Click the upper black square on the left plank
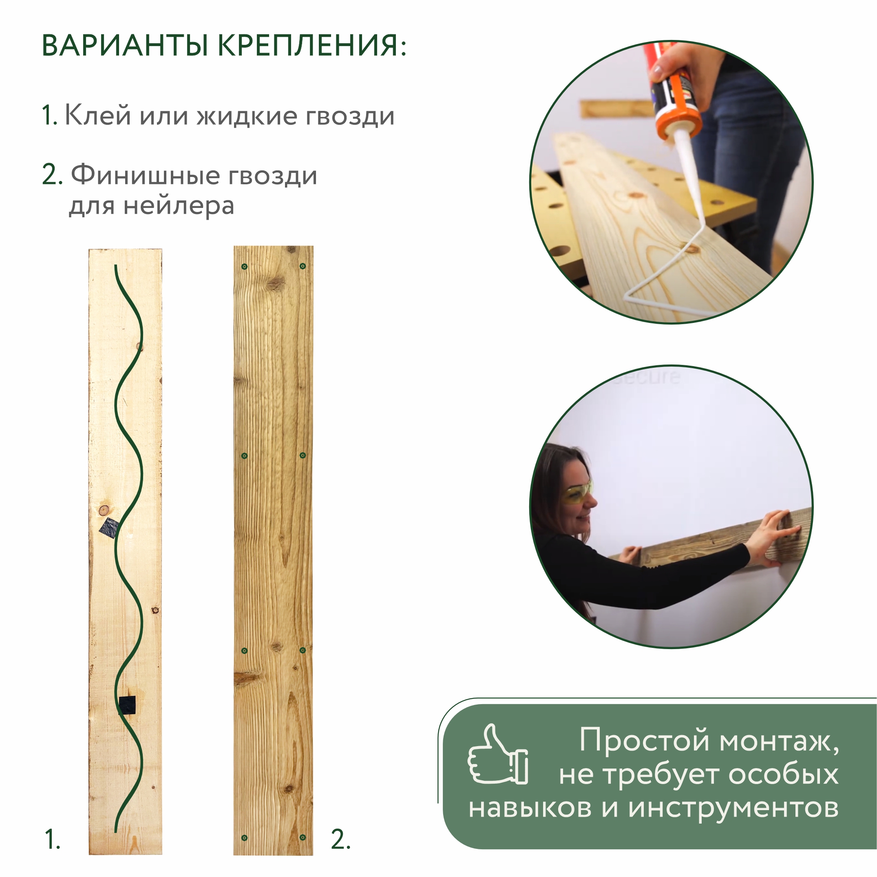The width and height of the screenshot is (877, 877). (109, 528)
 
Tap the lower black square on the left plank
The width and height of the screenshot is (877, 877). (127, 705)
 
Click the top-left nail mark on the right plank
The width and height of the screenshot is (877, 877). (245, 267)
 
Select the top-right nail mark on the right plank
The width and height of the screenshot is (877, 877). (303, 266)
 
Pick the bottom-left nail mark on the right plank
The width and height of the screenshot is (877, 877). (245, 837)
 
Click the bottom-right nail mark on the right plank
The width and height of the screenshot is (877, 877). (303, 837)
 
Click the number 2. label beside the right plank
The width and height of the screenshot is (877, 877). (340, 839)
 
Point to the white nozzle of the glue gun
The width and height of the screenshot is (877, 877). (690, 172)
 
